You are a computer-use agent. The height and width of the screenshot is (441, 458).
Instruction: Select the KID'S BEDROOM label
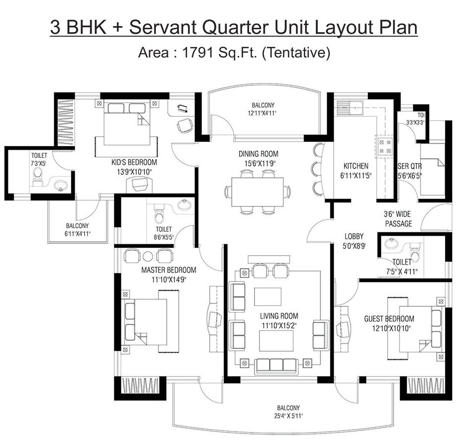click(134, 162)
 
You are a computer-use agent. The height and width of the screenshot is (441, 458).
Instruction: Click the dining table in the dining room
click(257, 191)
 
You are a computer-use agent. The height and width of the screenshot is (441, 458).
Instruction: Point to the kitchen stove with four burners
click(386, 145)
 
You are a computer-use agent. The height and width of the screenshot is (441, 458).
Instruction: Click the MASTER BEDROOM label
click(168, 270)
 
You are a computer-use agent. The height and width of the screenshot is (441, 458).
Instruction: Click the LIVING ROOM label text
click(279, 316)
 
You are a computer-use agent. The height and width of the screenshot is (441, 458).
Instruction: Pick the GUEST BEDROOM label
click(389, 319)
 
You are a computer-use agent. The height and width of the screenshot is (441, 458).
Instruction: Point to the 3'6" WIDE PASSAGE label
click(398, 219)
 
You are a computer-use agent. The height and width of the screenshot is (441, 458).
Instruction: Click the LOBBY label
click(355, 236)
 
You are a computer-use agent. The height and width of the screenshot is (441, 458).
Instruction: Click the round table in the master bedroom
click(148, 256)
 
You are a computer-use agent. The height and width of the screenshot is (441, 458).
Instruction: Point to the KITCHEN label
click(356, 166)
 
